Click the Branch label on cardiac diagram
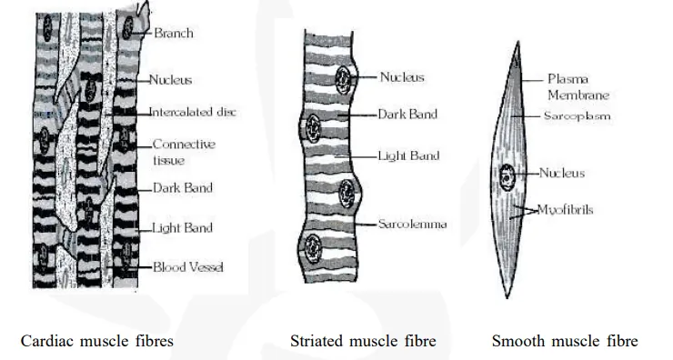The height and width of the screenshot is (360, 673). coord(173,34)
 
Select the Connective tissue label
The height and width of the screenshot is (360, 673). coord(183,152)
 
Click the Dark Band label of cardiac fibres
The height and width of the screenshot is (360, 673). coord(182,188)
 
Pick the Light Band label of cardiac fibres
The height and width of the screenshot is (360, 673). coord(182,227)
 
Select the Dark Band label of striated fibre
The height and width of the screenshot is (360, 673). coord(407,115)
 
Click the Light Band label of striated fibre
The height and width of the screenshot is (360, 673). coord(408,156)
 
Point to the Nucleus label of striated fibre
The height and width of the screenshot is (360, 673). coord(402,77)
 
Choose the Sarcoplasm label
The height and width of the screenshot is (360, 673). coord(577,116)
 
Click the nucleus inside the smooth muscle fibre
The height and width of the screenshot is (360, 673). coord(506,175)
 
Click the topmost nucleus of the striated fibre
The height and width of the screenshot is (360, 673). coord(343,77)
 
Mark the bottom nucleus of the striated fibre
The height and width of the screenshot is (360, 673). coord(314,245)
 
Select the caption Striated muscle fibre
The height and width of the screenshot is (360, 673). coord(363,342)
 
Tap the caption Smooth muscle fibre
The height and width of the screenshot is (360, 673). coord(564,342)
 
